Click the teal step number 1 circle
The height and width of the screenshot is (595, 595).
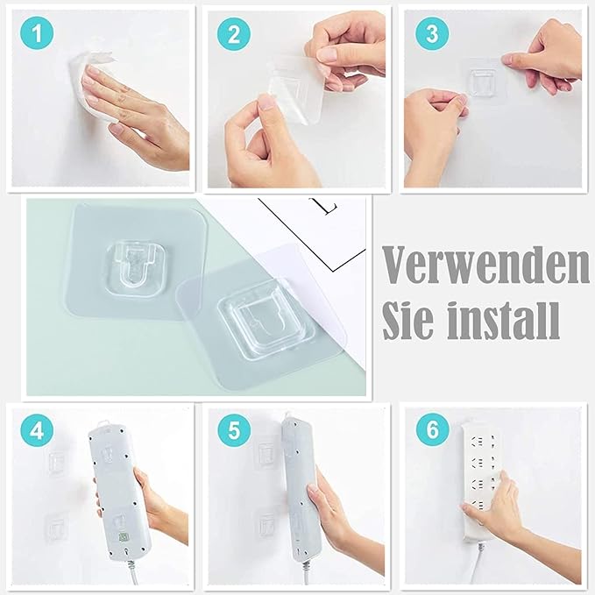pos(37,32)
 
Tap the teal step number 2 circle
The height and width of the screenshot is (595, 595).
pos(234,34)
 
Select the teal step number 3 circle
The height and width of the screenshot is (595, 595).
pos(432,33)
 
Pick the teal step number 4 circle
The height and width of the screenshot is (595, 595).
pos(37,430)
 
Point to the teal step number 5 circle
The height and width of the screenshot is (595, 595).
pos(234,430)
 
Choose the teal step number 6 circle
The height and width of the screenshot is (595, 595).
pos(433,429)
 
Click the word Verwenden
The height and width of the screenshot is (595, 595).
pos(486,265)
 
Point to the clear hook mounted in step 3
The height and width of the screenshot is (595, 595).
pos(482,81)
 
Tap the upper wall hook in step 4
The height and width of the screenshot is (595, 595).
pos(57,463)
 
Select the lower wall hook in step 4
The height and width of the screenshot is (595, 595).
pos(56,526)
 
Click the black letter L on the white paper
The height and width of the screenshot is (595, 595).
pos(329,207)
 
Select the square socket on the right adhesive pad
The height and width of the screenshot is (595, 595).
pos(266,318)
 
